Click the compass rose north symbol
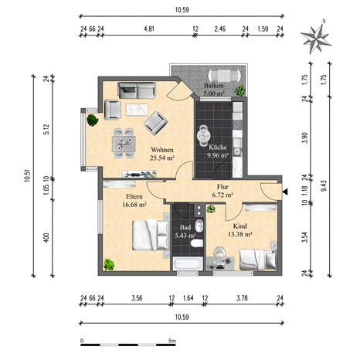(x=316, y=39)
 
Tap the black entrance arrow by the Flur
(x=285, y=192)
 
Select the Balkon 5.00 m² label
(x=214, y=89)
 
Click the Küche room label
(x=218, y=148)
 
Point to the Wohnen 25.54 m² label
(x=162, y=154)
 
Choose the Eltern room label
(x=134, y=196)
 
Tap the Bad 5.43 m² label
(x=185, y=231)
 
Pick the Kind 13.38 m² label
(x=239, y=230)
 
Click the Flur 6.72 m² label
(x=222, y=191)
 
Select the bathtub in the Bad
(x=188, y=263)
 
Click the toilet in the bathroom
(x=197, y=243)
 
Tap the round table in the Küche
(x=204, y=135)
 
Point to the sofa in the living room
(x=137, y=90)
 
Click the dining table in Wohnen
(x=124, y=144)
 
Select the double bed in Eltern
(x=151, y=235)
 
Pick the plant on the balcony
(x=239, y=90)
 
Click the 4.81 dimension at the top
(x=149, y=29)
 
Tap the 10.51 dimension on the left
(x=27, y=176)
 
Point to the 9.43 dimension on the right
(x=324, y=185)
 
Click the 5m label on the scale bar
(x=172, y=341)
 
